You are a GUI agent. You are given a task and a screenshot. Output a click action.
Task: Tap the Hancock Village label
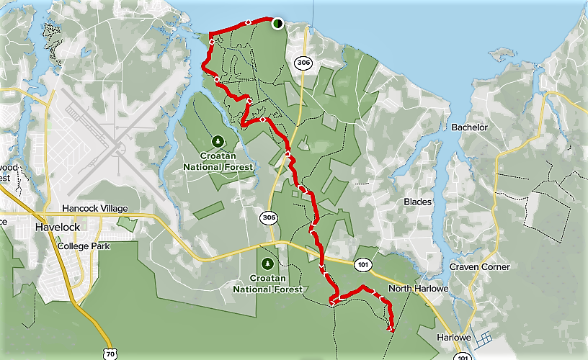point(94,209)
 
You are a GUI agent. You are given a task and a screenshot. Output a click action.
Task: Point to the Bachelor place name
point(469,127)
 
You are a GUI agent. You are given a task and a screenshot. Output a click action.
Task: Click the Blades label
point(417,202)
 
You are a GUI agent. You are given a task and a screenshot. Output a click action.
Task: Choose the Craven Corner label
point(479,267)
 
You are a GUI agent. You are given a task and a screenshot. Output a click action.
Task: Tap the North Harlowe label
point(419,289)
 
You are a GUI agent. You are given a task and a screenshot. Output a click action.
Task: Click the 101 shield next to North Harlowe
point(362,266)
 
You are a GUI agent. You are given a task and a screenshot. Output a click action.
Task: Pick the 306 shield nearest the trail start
point(303,64)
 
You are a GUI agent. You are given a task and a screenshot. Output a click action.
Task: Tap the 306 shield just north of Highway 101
point(269,217)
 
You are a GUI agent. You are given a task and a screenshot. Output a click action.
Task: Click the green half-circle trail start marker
point(277,24)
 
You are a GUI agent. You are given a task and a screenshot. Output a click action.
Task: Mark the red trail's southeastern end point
point(391,329)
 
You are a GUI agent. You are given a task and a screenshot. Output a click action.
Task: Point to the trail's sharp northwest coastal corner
point(209,35)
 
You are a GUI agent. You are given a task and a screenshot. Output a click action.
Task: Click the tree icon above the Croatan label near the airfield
point(218,141)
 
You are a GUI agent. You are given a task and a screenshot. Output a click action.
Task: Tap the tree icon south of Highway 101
point(269,263)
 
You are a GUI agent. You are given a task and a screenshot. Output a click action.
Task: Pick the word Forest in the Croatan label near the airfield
point(239,167)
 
